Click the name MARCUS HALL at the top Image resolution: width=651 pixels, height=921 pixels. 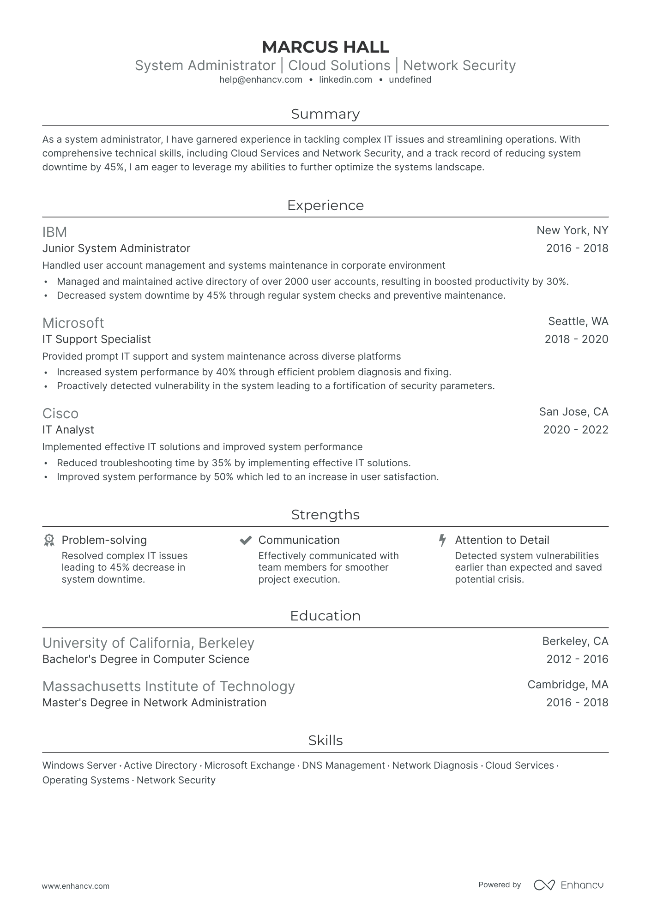[325, 47]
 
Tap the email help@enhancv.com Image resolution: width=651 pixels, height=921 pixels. [260, 79]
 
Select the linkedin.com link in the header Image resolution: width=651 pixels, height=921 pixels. [345, 79]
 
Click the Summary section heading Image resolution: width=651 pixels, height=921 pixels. [325, 114]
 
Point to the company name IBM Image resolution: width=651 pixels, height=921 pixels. [54, 232]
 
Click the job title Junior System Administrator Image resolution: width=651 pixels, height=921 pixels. [116, 248]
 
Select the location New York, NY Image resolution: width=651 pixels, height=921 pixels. [572, 230]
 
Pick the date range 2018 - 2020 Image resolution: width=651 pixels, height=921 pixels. [576, 339]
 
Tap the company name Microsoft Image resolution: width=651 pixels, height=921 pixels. [73, 323]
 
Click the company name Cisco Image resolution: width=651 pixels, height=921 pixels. [60, 413]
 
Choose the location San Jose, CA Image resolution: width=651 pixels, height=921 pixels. [573, 412]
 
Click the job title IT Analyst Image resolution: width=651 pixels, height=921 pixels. [68, 430]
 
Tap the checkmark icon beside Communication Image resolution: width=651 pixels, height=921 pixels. [245, 540]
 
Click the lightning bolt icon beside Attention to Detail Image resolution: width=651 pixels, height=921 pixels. [442, 540]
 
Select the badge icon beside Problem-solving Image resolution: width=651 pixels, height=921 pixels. [49, 540]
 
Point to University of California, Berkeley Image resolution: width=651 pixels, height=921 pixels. [148, 643]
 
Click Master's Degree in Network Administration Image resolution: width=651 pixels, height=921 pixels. [154, 703]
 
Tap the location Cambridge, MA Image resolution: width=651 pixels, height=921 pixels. [567, 685]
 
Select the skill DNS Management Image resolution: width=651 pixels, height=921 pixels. [343, 765]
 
